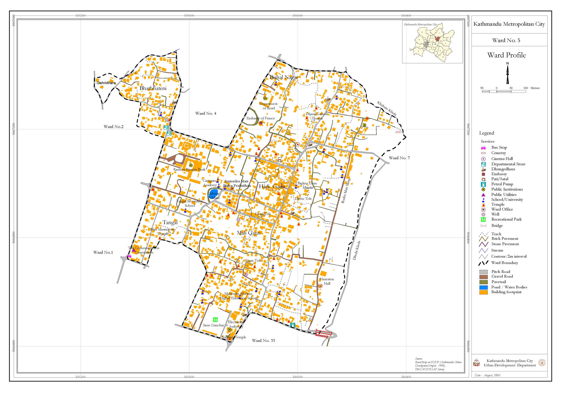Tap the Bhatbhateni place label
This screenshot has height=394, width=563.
pos(153,88)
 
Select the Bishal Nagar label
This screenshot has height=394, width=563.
pos(284,77)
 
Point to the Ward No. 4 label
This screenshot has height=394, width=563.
pos(206,113)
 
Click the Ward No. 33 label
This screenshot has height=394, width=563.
pos(263,341)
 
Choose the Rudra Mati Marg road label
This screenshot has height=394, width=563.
pos(346,191)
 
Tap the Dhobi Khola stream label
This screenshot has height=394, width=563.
pos(357,250)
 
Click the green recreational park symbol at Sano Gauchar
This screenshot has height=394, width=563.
pos(215,320)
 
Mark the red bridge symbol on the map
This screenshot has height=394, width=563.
pos(324,334)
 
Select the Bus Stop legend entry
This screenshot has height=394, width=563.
pos(499,147)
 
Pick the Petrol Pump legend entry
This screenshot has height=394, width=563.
pos(502,184)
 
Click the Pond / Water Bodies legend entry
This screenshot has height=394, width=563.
pos(509,287)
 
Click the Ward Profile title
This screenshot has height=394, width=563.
pos(506,55)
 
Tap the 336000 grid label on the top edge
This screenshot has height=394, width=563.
pos(297,16)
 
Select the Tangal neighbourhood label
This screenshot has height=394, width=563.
pos(170,223)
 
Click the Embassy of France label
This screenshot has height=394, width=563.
pos(260,118)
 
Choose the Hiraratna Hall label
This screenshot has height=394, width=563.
pos(326,281)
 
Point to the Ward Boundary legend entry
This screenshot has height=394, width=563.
pos(504,263)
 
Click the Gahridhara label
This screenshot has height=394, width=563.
pos(106,83)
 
